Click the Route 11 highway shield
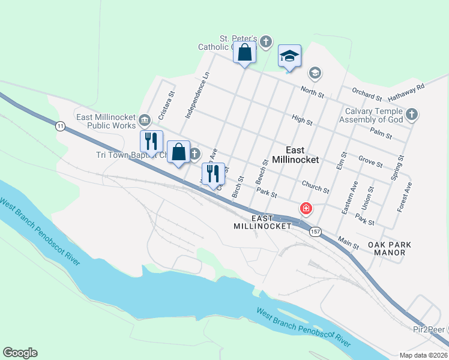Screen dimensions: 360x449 coord(59,126)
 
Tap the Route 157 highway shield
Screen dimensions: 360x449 coord(315,231)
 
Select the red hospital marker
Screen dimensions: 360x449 coord(306,209)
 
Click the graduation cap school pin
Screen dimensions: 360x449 coord(289,57)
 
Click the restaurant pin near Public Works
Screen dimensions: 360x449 coord(151,142)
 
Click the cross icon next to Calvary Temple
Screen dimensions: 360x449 coord(412,114)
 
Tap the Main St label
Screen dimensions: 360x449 coord(348,242)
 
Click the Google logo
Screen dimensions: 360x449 coord(20,353)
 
